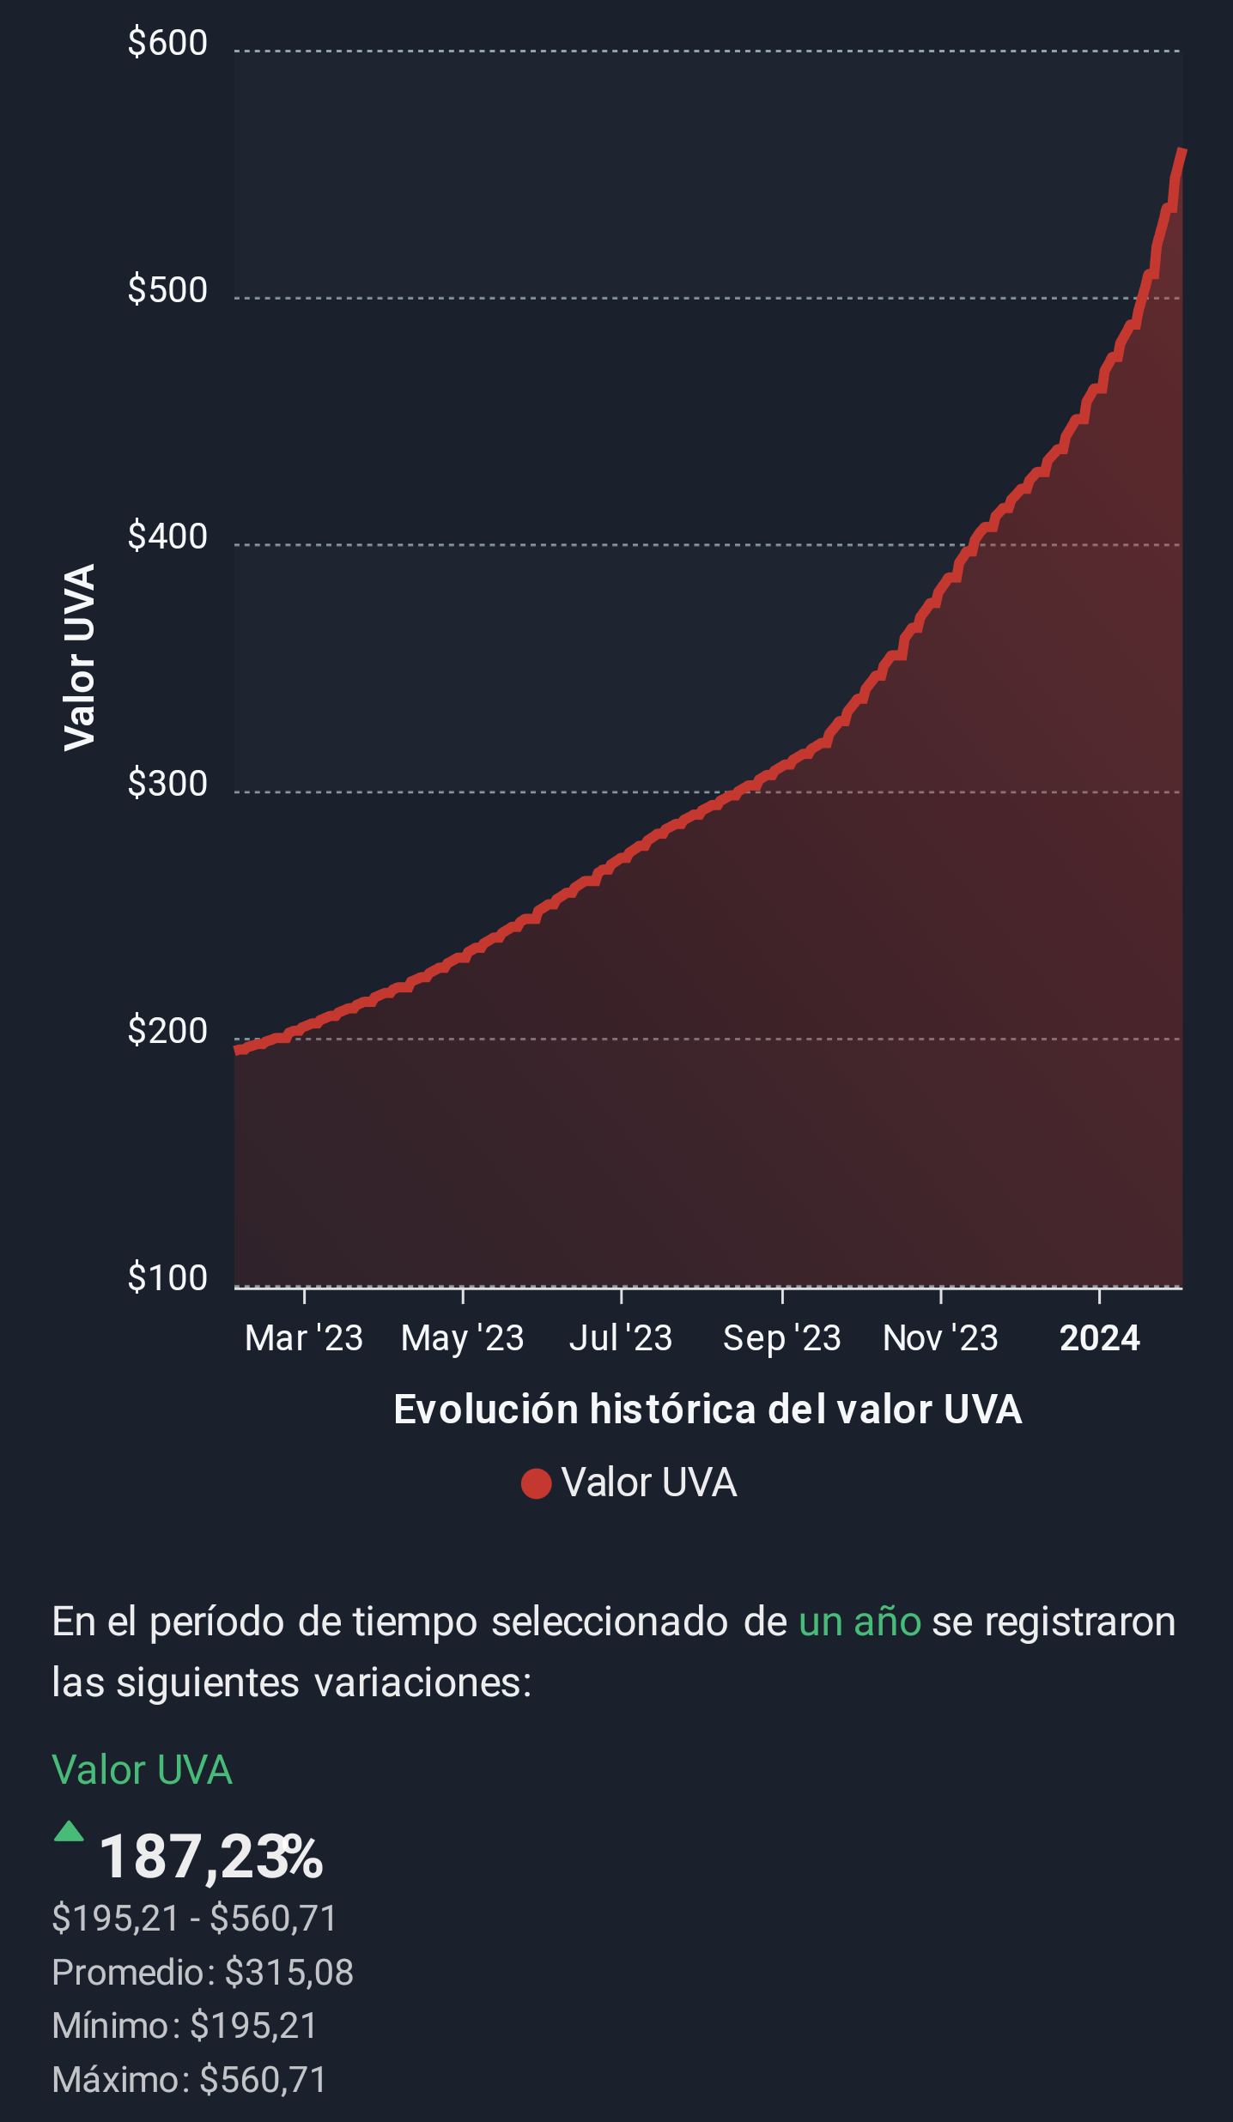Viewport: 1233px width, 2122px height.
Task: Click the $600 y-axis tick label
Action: click(x=167, y=43)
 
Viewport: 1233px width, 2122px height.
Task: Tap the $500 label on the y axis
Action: click(x=167, y=290)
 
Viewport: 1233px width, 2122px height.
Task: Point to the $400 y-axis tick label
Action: click(x=167, y=537)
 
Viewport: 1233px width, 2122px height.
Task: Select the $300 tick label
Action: click(x=167, y=784)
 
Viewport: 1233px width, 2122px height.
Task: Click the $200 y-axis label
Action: click(x=167, y=1031)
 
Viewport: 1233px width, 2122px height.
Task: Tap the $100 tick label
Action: click(x=167, y=1278)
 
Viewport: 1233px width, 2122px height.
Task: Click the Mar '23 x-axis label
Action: click(x=304, y=1338)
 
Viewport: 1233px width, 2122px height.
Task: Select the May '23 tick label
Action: click(x=462, y=1338)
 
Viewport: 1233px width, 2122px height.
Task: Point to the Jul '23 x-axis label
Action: click(x=621, y=1338)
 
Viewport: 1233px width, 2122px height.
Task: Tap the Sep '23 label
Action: click(x=781, y=1338)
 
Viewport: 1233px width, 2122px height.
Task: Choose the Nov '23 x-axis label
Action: click(x=940, y=1338)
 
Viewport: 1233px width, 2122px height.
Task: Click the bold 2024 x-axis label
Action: click(x=1099, y=1338)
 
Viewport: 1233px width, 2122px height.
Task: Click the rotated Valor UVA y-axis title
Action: click(x=80, y=658)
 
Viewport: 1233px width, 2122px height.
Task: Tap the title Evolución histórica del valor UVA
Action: click(x=708, y=1410)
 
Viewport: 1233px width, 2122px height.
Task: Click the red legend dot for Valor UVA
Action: click(x=536, y=1483)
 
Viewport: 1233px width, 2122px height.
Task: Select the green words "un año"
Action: click(x=859, y=1622)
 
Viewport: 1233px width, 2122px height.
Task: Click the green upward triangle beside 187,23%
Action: click(x=69, y=1832)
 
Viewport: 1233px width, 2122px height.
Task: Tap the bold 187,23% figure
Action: click(x=211, y=1857)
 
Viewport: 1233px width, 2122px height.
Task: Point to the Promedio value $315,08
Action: click(x=289, y=1973)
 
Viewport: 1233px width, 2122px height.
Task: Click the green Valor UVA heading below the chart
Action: click(x=143, y=1770)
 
